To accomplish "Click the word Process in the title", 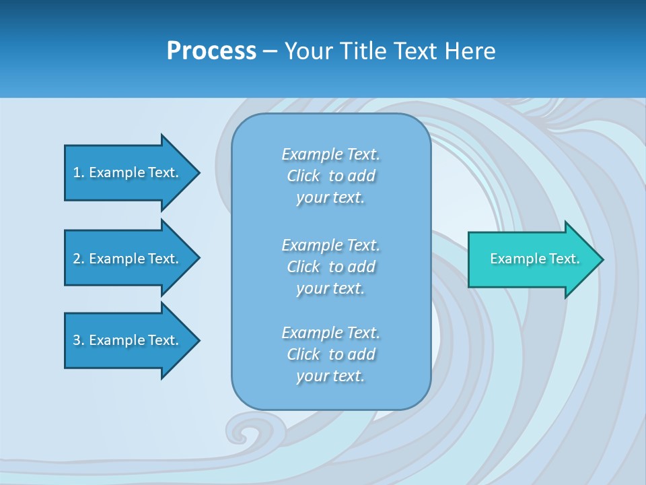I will (211, 51).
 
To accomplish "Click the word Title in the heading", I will (365, 51).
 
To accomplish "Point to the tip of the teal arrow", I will (601, 259).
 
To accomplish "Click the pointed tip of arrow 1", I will (198, 172).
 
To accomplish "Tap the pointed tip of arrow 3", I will (198, 340).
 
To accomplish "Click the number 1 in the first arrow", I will (77, 172).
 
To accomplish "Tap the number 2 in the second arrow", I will (77, 259).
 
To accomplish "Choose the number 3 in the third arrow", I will (77, 340).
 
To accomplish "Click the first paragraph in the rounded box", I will (330, 176).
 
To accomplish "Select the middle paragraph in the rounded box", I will (330, 267).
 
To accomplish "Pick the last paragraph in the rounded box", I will (330, 354).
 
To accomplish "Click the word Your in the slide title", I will (308, 51).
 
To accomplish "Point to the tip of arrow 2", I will (198, 259).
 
